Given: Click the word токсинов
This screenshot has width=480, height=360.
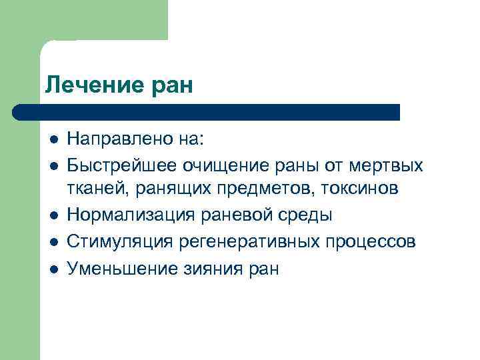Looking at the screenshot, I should tap(360, 189).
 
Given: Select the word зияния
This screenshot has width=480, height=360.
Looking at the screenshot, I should tap(215, 268).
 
